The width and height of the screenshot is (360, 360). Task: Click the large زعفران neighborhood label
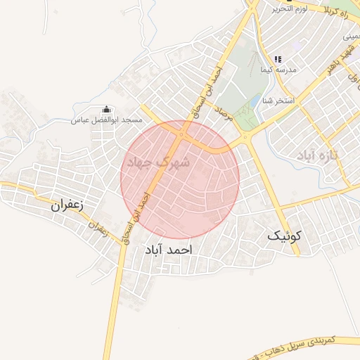pyautogui.click(x=67, y=207)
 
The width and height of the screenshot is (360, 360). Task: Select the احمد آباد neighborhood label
pyautogui.click(x=168, y=250)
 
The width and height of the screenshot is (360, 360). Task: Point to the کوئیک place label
pyautogui.click(x=288, y=236)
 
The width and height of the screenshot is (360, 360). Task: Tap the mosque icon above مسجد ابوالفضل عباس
pyautogui.click(x=106, y=110)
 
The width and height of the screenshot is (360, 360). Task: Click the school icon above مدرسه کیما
pyautogui.click(x=278, y=60)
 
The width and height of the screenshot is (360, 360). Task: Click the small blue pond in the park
pyautogui.click(x=253, y=103)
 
